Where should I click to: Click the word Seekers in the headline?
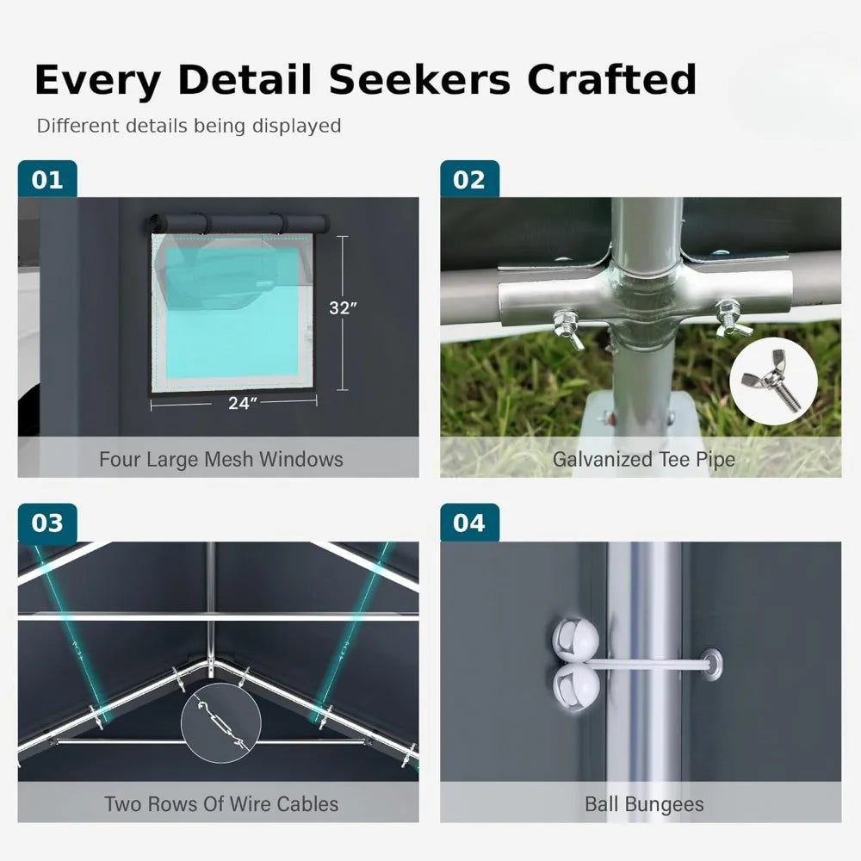click(x=419, y=79)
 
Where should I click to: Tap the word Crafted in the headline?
click(x=611, y=79)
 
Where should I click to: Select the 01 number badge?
click(x=47, y=179)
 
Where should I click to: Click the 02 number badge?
click(x=469, y=179)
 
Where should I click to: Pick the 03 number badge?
click(x=47, y=523)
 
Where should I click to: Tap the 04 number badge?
click(x=469, y=523)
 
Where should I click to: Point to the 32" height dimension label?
click(x=343, y=308)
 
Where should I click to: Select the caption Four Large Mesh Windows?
click(x=220, y=459)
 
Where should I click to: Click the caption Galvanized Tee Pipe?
click(x=643, y=459)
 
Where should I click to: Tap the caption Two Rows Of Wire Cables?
click(x=221, y=804)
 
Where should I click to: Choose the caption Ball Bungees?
click(x=644, y=804)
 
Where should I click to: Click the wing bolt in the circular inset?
click(x=772, y=380)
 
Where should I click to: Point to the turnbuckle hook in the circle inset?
click(x=220, y=722)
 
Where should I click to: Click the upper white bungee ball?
click(x=575, y=640)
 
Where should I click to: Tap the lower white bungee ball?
click(x=576, y=687)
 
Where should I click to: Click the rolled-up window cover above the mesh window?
click(x=238, y=224)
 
